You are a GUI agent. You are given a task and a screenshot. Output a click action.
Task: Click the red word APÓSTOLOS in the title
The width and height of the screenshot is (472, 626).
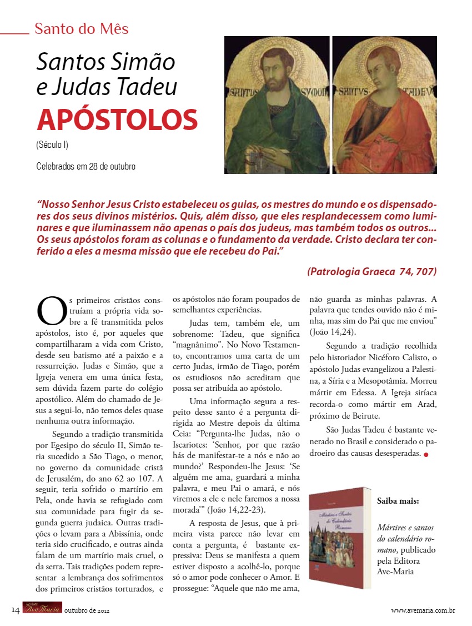(x=117, y=120)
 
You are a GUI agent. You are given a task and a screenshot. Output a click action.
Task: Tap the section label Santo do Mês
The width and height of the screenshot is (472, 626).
(x=81, y=28)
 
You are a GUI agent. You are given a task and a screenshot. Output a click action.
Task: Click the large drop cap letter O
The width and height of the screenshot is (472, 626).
(x=52, y=311)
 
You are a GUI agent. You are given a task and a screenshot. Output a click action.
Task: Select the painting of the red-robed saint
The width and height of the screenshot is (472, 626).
(x=384, y=106)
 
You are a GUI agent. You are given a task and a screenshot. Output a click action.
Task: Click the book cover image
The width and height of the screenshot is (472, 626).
(x=339, y=537)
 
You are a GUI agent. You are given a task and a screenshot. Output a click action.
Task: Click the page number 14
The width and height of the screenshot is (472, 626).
(x=16, y=610)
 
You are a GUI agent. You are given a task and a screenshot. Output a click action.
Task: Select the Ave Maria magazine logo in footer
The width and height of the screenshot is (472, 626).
(x=42, y=609)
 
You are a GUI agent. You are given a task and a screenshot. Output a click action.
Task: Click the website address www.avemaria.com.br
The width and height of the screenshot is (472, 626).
(x=423, y=610)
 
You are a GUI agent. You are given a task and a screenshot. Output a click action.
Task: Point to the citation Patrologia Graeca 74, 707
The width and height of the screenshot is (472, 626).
(x=371, y=271)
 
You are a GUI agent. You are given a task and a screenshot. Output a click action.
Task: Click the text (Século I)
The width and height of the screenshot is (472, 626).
(x=52, y=146)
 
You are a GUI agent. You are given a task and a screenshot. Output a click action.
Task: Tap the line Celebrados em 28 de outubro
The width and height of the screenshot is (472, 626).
(x=86, y=166)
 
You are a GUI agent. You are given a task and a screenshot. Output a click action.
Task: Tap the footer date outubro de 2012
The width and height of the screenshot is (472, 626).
(x=87, y=610)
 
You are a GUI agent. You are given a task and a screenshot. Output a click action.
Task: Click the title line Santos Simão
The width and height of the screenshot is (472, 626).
(x=106, y=62)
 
